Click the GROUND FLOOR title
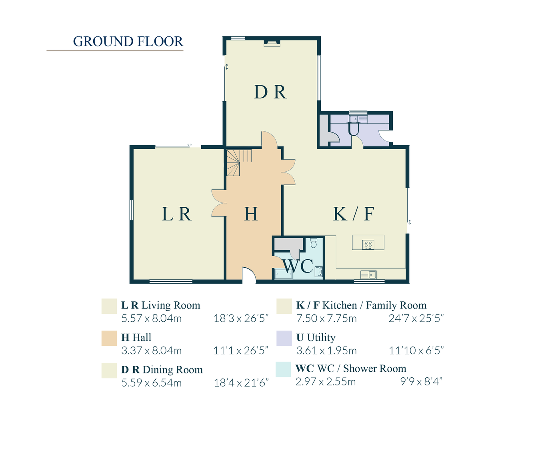pos(128,42)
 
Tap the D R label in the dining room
pos(270,92)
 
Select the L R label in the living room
pos(177,214)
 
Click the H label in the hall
pos(251,214)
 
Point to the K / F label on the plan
pos(354,214)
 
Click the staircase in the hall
pos(238,162)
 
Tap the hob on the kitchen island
pos(368,244)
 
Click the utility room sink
pos(354,119)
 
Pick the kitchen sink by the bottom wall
pos(369,275)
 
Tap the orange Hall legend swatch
pos(109,338)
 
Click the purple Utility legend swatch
pos(284,338)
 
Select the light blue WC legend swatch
pos(284,369)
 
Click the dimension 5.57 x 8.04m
pos(152,319)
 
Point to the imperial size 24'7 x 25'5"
pos(416,319)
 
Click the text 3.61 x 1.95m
pos(326,351)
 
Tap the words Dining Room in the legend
pos(173,370)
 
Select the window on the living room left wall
pos(131,210)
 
